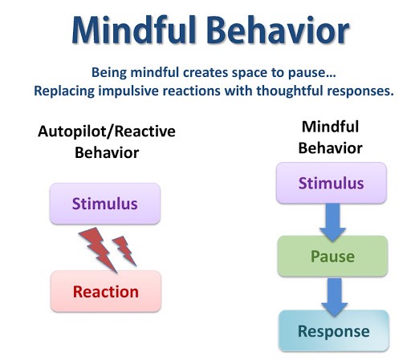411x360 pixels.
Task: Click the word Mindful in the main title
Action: point(134,30)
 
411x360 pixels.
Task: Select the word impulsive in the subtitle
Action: point(128,91)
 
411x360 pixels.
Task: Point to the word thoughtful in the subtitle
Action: point(290,91)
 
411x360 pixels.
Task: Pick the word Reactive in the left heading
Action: point(144,131)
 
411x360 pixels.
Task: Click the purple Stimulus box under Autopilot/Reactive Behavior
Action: point(105,204)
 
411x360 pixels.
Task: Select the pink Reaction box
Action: point(106,291)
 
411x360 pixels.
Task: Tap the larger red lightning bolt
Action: point(99,249)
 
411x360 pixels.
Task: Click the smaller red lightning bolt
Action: point(124,250)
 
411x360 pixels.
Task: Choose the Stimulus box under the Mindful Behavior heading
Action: point(332,183)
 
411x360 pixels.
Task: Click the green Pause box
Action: point(332,256)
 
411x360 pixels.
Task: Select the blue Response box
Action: point(334,331)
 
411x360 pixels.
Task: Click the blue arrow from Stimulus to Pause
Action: point(332,222)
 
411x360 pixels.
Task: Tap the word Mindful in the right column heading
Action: point(330,127)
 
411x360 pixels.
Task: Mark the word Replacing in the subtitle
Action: point(64,91)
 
